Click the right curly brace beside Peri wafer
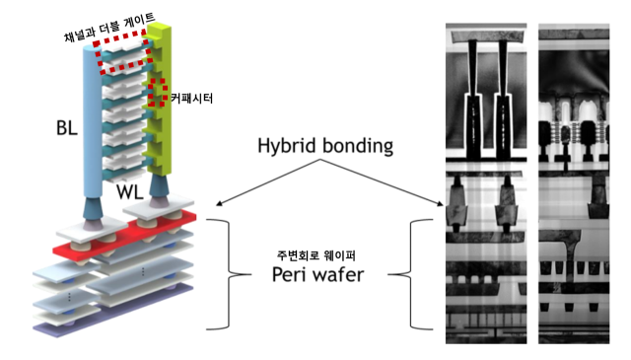(417, 273)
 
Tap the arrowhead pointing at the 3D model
(216, 205)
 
